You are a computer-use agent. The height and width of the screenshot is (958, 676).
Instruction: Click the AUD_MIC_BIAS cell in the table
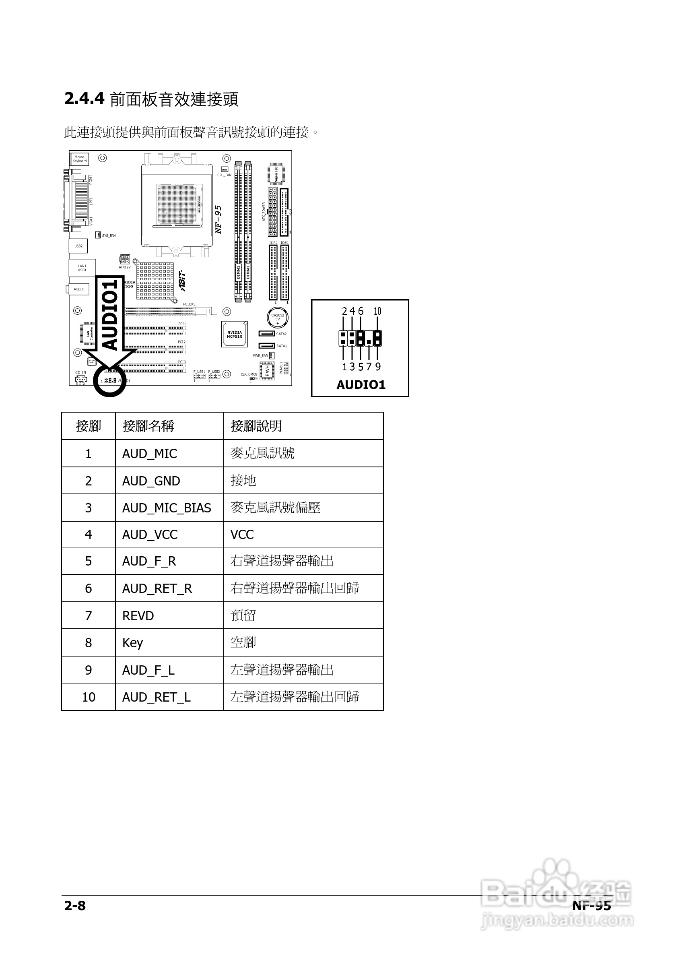[x=167, y=508]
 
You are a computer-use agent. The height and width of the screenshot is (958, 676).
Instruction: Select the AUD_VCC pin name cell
[x=150, y=535]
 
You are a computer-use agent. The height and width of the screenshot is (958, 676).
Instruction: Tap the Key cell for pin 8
[x=133, y=642]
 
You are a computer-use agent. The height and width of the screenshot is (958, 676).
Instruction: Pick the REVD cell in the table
[x=138, y=615]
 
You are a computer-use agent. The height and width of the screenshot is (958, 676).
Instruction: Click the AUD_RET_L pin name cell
[x=157, y=697]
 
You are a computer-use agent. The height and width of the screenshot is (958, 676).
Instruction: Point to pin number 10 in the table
[x=89, y=697]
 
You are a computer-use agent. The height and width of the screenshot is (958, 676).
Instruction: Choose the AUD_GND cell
[x=151, y=481]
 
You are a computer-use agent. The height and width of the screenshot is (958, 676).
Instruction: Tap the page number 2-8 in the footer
[x=75, y=905]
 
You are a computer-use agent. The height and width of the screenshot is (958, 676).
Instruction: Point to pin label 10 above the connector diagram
[x=377, y=311]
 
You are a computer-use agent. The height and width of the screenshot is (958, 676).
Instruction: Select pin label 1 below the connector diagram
[x=344, y=367]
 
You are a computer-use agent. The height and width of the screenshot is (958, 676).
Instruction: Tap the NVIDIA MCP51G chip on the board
[x=234, y=334]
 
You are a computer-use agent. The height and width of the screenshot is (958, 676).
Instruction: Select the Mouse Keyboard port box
[x=79, y=159]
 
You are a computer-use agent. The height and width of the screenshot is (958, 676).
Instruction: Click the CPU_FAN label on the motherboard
[x=224, y=175]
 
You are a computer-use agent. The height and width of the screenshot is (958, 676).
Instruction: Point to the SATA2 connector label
[x=281, y=334]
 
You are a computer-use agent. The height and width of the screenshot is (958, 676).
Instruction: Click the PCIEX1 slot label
[x=189, y=304]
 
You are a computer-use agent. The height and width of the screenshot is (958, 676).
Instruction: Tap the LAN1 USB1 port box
[x=82, y=268]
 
